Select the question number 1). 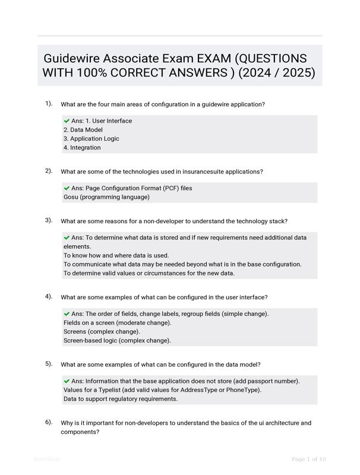(49, 103)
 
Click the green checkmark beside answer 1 (67, 121)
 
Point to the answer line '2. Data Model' (83, 129)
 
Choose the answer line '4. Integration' (82, 147)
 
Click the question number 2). (49, 170)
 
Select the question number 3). (49, 220)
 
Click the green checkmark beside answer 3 (67, 237)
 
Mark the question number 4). (49, 296)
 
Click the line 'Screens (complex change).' (102, 331)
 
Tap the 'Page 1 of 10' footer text (308, 459)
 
